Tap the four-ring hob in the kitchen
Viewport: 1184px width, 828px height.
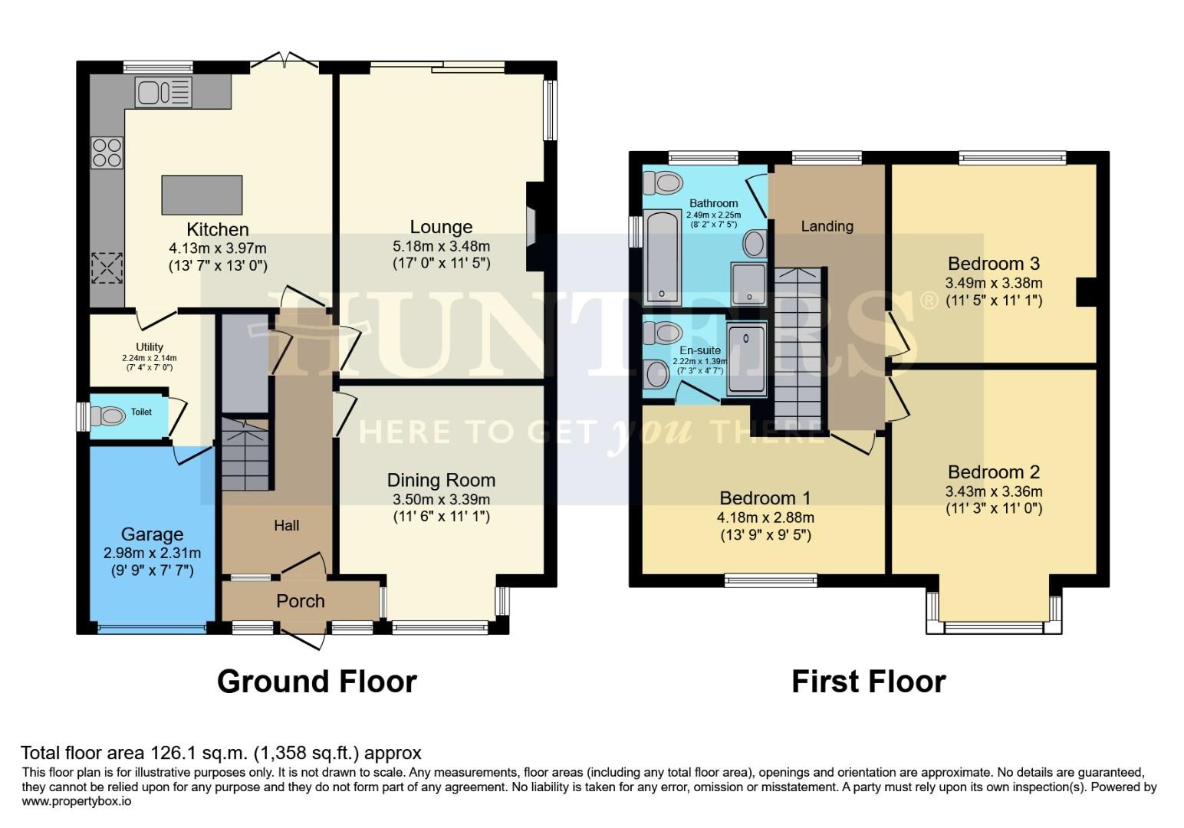[107, 151]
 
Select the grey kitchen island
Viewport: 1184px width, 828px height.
[202, 195]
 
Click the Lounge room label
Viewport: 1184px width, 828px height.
[441, 227]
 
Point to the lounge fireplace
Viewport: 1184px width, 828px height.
[532, 226]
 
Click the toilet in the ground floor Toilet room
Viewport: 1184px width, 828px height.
[107, 416]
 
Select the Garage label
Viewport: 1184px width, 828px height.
[152, 534]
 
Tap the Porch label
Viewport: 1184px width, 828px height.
[301, 601]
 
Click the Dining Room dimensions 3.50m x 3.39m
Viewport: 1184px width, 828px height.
[441, 499]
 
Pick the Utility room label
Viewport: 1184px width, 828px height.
[150, 347]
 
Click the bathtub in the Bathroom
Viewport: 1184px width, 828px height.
[660, 257]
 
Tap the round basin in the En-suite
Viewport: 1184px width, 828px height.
[658, 375]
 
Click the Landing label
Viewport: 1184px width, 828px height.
[827, 226]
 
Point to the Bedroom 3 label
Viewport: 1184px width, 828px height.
[993, 264]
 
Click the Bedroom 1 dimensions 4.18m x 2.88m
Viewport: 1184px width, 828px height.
[765, 517]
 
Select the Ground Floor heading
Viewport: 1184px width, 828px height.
[317, 682]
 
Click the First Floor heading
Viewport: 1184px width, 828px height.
[868, 682]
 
